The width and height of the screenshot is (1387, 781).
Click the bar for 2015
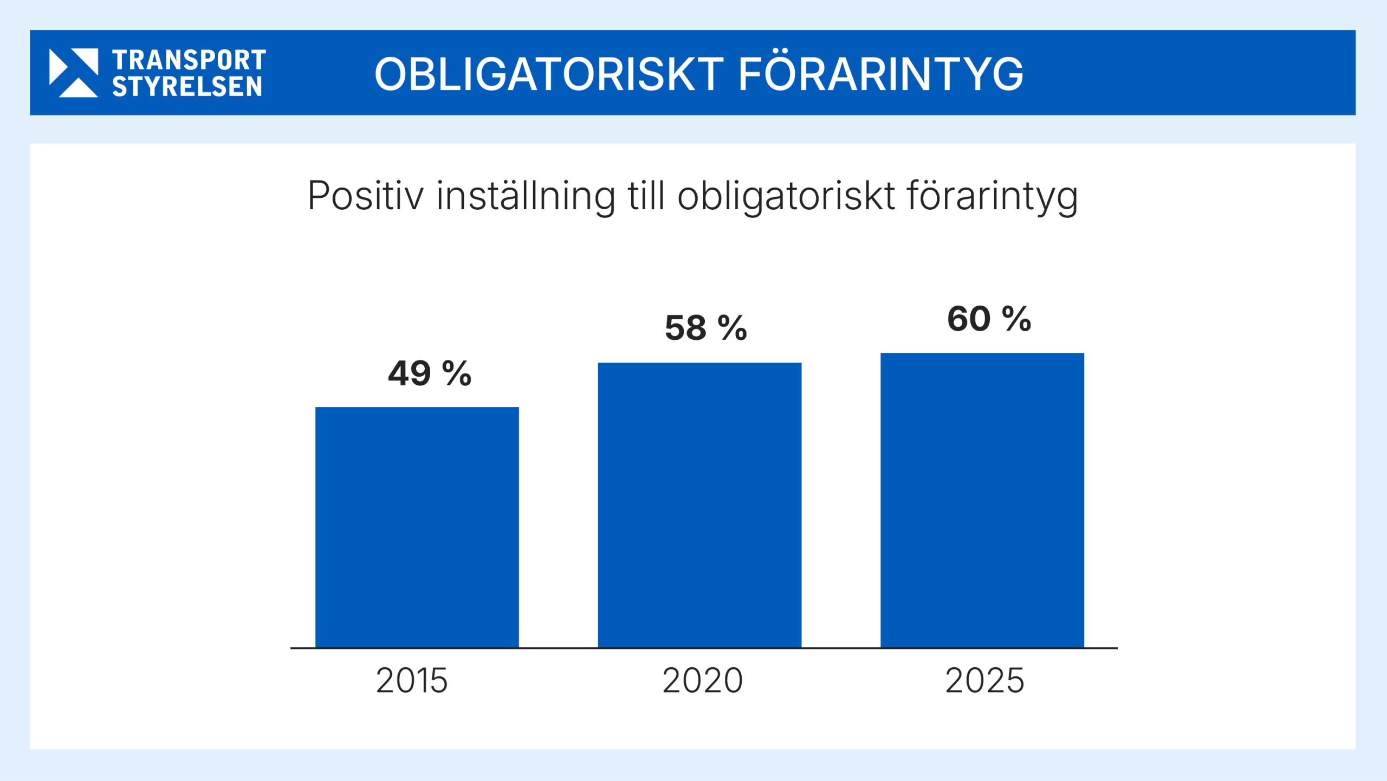(417, 527)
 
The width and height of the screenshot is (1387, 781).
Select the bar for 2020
(699, 505)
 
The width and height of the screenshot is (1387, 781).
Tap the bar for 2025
(982, 500)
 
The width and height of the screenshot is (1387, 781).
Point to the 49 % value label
(430, 373)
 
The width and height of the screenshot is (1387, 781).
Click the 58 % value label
(706, 328)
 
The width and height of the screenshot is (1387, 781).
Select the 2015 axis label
(412, 681)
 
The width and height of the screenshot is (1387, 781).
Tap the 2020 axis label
(703, 681)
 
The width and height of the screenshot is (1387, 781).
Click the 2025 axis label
(985, 681)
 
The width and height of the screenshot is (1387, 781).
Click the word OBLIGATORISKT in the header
(549, 74)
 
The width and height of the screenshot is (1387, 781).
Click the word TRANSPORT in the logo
(189, 60)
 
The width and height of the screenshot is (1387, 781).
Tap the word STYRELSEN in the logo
(187, 87)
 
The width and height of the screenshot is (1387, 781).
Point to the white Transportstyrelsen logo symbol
(74, 73)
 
